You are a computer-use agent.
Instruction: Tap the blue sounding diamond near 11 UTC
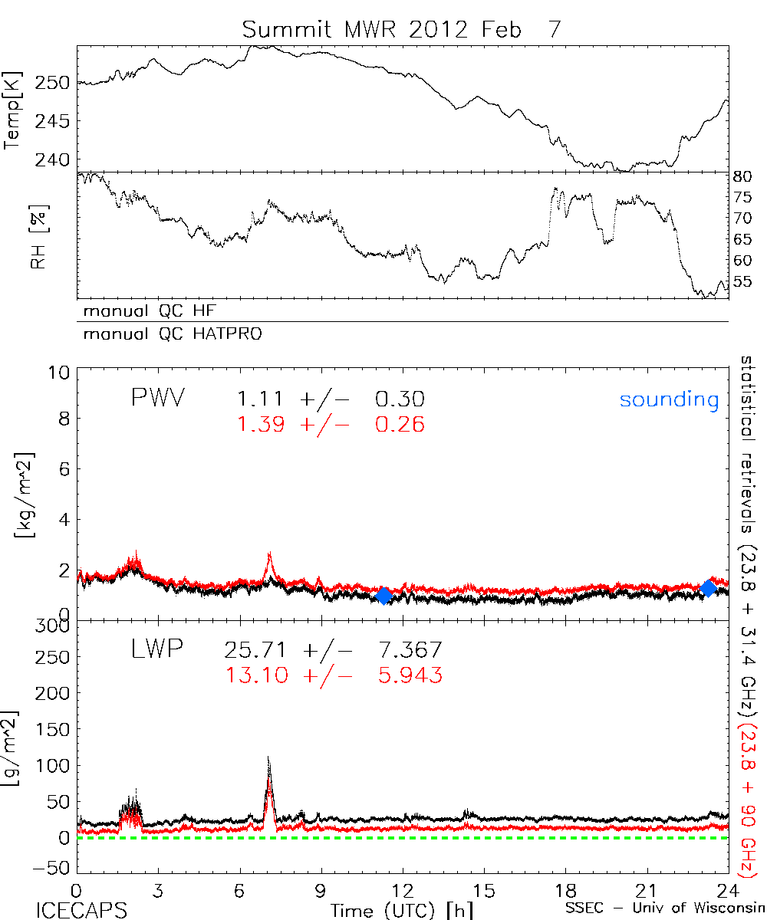pos(383,596)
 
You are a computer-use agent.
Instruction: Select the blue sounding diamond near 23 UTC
pos(709,588)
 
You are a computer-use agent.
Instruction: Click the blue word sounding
pos(670,399)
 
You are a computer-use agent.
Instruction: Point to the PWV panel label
pos(157,399)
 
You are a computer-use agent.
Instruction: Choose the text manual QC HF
pos(144,310)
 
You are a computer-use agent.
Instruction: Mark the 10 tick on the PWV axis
pos(63,373)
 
